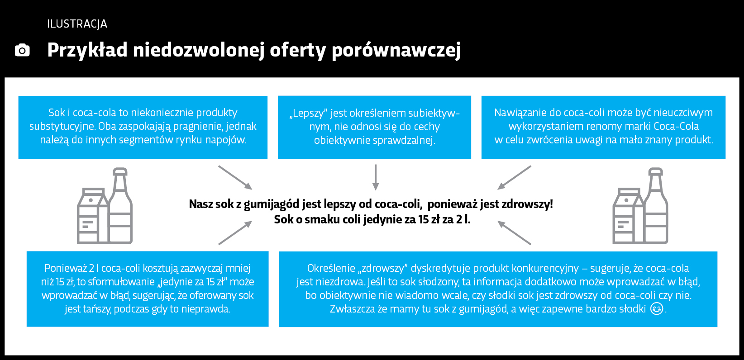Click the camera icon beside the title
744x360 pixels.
tap(22, 50)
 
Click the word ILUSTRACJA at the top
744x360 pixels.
tap(77, 24)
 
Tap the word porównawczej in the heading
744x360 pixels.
tap(396, 51)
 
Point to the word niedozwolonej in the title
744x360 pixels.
tap(199, 50)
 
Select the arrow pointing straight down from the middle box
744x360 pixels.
tap(376, 177)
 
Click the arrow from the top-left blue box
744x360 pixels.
tap(235, 177)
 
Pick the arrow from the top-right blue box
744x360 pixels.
tap(514, 177)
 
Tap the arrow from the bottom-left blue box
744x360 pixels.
tap(235, 233)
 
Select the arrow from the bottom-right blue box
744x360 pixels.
tap(514, 233)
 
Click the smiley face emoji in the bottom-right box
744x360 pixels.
tap(657, 308)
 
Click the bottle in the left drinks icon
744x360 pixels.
tap(120, 206)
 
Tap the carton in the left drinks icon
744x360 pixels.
tap(92, 216)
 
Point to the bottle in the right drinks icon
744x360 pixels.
tap(656, 206)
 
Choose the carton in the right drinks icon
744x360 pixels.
tap(628, 216)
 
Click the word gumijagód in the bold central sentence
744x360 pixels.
tap(272, 204)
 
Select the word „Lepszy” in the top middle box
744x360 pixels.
tap(309, 113)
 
